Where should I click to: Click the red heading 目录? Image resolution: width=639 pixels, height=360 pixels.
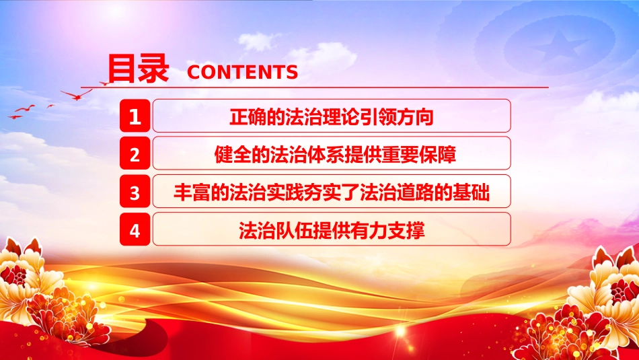pyautogui.click(x=138, y=69)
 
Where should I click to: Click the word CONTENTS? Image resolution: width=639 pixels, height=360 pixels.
pyautogui.click(x=242, y=72)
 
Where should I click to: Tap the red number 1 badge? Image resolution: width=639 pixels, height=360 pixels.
pyautogui.click(x=135, y=116)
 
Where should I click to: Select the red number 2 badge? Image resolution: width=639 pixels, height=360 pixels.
pyautogui.click(x=135, y=153)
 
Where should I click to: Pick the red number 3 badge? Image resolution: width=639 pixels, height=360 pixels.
pyautogui.click(x=135, y=191)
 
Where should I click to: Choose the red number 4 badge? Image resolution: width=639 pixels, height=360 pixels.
pyautogui.click(x=135, y=229)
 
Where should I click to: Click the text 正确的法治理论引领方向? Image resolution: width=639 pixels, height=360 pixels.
pyautogui.click(x=332, y=117)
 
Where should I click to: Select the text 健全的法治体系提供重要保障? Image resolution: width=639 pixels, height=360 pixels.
pyautogui.click(x=335, y=155)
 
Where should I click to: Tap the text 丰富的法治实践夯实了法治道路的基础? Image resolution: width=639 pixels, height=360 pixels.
pyautogui.click(x=332, y=192)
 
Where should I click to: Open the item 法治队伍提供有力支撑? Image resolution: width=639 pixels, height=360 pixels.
pyautogui.click(x=332, y=230)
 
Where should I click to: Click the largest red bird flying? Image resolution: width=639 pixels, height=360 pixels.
pyautogui.click(x=77, y=95)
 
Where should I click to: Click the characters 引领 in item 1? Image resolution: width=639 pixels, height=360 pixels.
pyautogui.click(x=378, y=117)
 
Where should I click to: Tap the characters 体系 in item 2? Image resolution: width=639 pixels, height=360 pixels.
pyautogui.click(x=326, y=155)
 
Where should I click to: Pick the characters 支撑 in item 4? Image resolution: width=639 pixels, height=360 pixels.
pyautogui.click(x=406, y=230)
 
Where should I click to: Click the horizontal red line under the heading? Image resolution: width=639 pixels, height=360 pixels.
pyautogui.click(x=314, y=87)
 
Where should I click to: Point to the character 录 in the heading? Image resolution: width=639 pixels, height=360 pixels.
pyautogui.click(x=153, y=69)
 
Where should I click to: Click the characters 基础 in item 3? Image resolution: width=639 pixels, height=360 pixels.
pyautogui.click(x=471, y=192)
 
